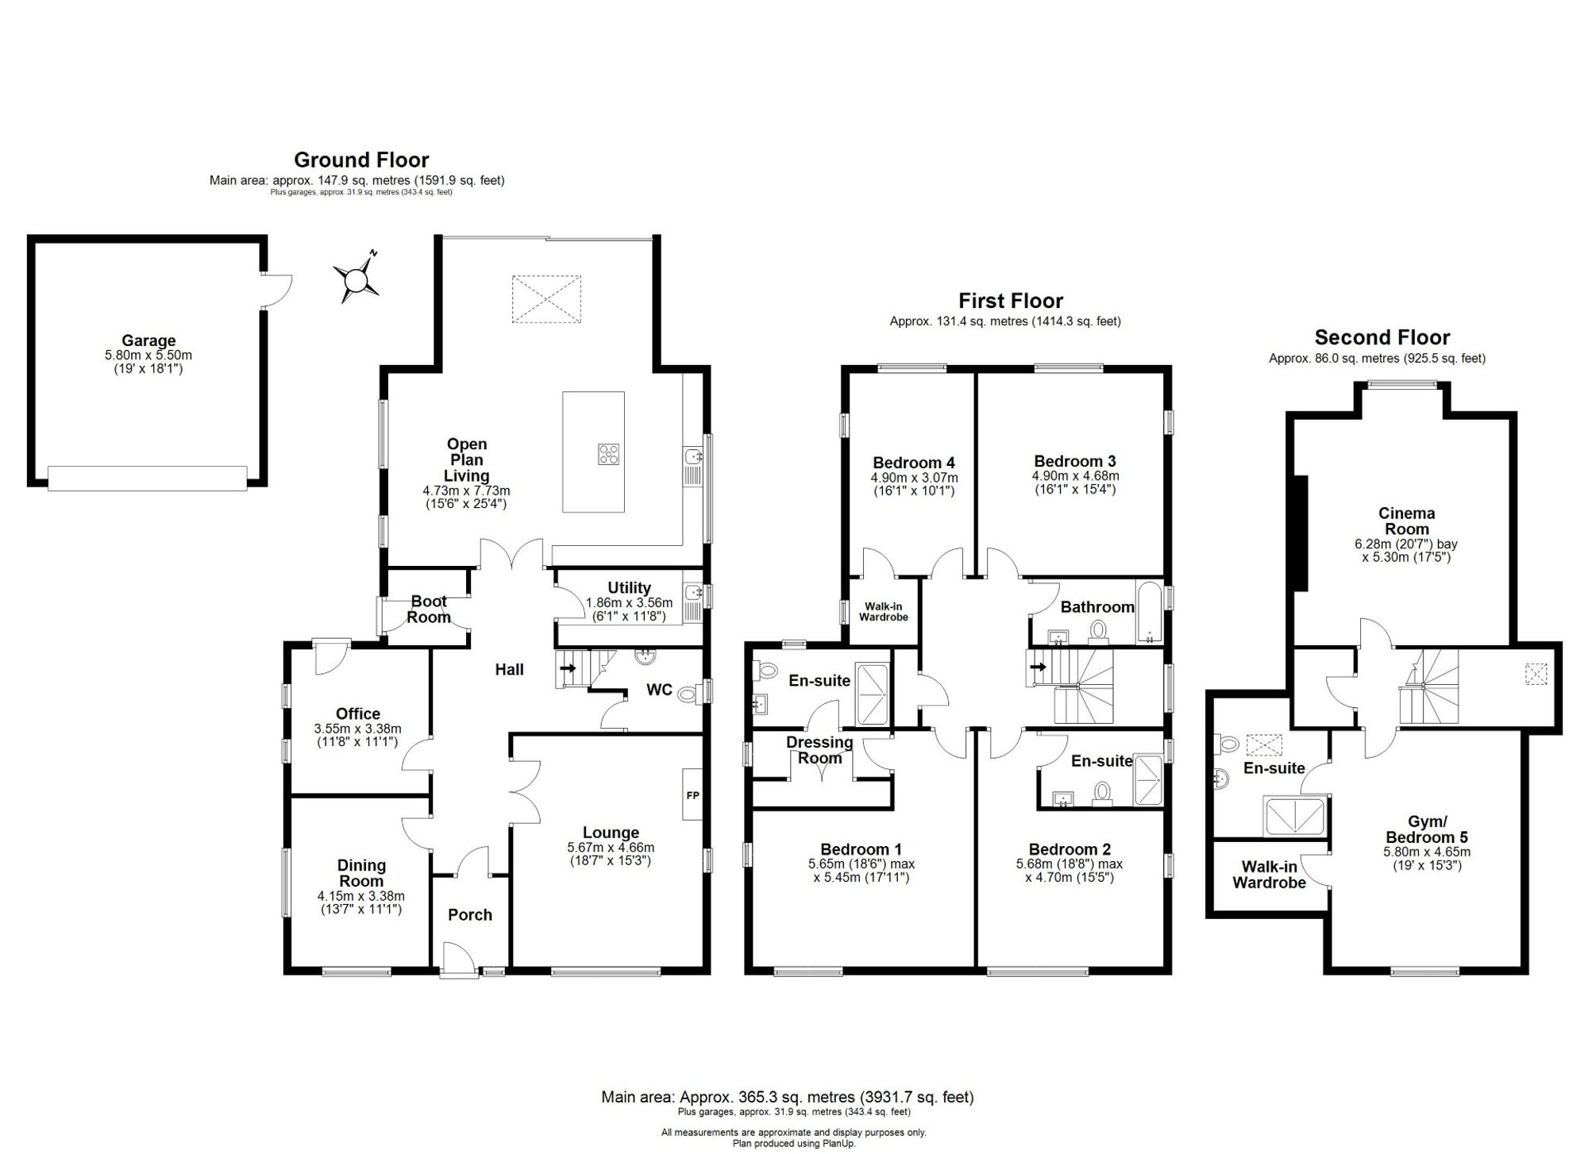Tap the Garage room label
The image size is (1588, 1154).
tap(148, 341)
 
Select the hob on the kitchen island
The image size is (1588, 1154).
tap(608, 454)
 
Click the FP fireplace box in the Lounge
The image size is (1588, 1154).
tap(692, 794)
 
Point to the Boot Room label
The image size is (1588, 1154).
tap(429, 609)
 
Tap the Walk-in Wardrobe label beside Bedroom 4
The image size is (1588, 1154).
tap(883, 612)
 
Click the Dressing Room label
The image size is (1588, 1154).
tap(819, 750)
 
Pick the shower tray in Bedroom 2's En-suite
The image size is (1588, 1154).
tap(1148, 782)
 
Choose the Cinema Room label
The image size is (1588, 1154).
tap(1406, 521)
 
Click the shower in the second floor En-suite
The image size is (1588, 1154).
tap(1295, 817)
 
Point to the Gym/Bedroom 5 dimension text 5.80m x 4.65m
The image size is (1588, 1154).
tap(1427, 852)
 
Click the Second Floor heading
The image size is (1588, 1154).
tap(1382, 337)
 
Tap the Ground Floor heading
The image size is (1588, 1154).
tap(361, 160)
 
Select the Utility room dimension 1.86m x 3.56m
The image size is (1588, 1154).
tap(629, 602)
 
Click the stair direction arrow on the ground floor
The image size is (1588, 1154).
tap(569, 668)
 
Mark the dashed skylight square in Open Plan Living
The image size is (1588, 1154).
tap(546, 299)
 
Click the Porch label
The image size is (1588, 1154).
tap(470, 915)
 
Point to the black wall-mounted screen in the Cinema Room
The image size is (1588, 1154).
tap(1301, 533)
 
